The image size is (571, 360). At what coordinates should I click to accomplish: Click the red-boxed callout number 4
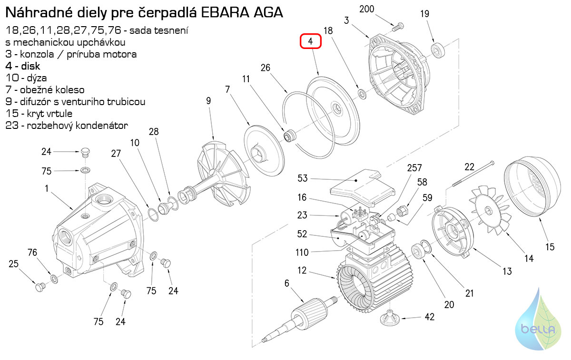[311, 42]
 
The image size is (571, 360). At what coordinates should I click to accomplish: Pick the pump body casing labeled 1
[95, 228]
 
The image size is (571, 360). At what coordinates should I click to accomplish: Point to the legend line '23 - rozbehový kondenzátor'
[67, 126]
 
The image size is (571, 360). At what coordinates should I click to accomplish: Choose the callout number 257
[414, 167]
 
